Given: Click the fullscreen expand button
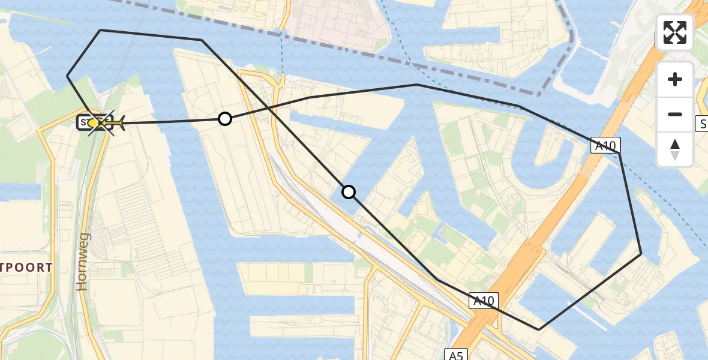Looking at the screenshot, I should click(x=675, y=32).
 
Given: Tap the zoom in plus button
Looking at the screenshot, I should click(x=675, y=79).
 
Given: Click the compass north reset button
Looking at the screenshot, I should click(x=675, y=149).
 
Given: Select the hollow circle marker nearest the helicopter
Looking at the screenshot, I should click(x=225, y=119).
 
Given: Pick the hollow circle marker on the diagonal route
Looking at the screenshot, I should click(x=349, y=192).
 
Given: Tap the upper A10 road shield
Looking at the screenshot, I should click(x=605, y=145).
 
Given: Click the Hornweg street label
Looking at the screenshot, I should click(x=83, y=262).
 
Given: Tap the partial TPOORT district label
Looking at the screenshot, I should click(x=26, y=268).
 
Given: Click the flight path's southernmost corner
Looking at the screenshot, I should click(x=539, y=329).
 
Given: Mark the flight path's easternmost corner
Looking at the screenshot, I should click(x=641, y=254).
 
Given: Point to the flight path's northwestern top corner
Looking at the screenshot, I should click(x=101, y=30).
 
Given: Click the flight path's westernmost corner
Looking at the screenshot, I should click(x=67, y=76).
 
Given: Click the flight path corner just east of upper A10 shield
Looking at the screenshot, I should click(x=619, y=154).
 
